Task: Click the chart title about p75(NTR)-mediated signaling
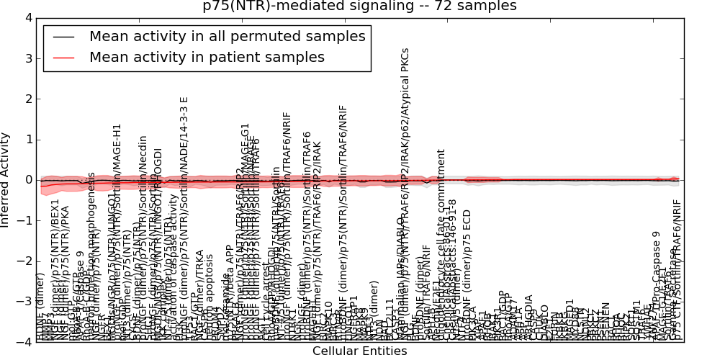click(359, 6)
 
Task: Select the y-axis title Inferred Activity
click(6, 179)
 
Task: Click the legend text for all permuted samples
click(227, 37)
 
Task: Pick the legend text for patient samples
click(207, 57)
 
